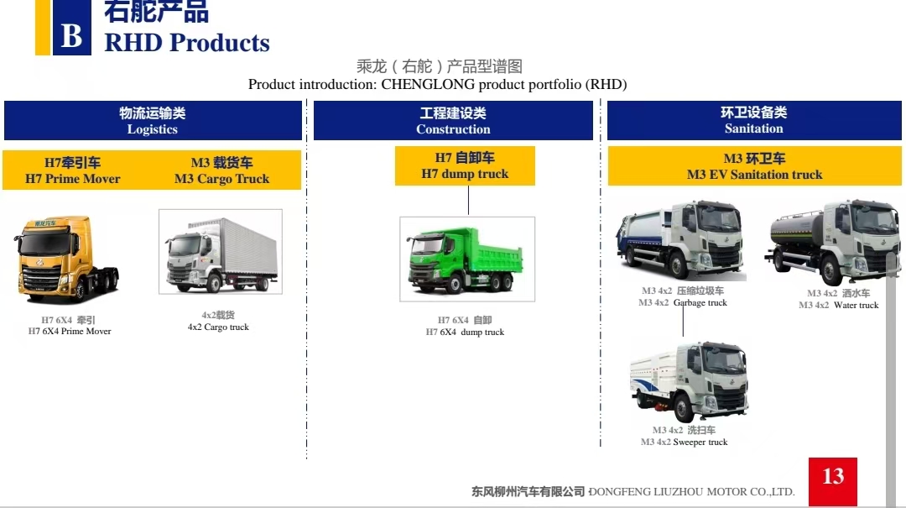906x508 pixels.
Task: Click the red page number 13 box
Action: click(833, 482)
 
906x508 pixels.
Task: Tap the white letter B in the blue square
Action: click(71, 35)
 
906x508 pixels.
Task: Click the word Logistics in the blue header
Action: click(153, 129)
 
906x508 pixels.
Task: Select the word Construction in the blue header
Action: click(453, 129)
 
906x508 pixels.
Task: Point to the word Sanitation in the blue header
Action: click(754, 128)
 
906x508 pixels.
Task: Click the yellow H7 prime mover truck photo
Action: click(68, 259)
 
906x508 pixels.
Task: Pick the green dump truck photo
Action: click(467, 259)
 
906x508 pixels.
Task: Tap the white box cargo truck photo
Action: click(221, 252)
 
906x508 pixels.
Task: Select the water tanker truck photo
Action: click(833, 242)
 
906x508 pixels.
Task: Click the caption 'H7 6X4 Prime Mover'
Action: click(70, 331)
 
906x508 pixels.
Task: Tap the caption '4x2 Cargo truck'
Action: click(218, 327)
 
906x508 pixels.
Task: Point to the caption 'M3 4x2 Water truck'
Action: click(838, 305)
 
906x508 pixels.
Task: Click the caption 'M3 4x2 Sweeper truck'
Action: click(685, 442)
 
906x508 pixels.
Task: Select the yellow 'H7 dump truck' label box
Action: click(465, 166)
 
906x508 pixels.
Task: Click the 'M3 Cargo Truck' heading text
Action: click(221, 179)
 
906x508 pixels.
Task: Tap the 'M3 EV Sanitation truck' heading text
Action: click(755, 174)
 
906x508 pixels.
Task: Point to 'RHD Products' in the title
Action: click(186, 43)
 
